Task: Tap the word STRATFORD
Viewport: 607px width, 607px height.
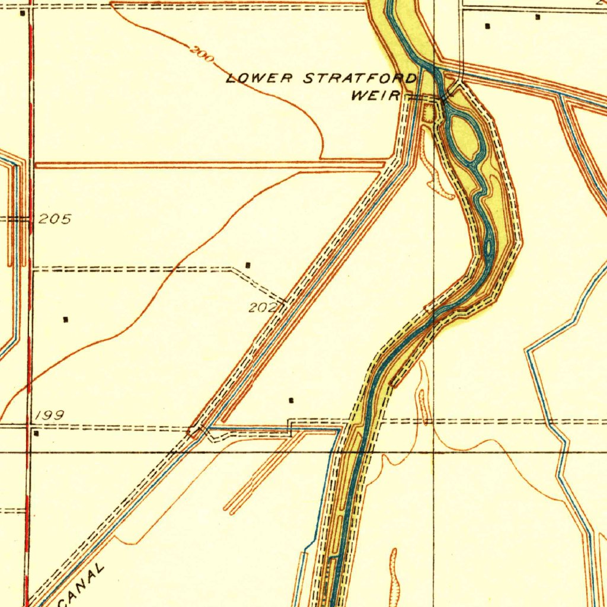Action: [x=360, y=78]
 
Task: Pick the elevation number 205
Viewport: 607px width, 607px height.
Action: [x=55, y=219]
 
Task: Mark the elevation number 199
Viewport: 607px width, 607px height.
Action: [x=49, y=416]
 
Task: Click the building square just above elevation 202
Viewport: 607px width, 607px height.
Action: [x=248, y=264]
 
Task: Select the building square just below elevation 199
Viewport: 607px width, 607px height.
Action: [x=37, y=433]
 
